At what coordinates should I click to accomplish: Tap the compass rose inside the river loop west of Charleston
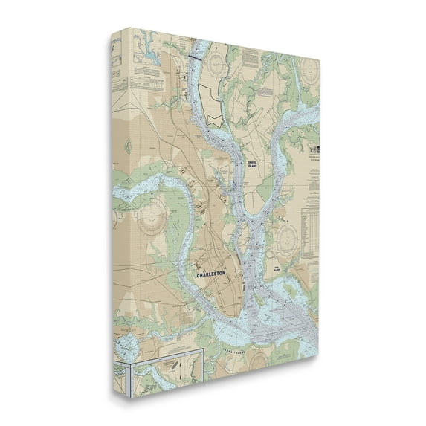pyautogui.click(x=153, y=216)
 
